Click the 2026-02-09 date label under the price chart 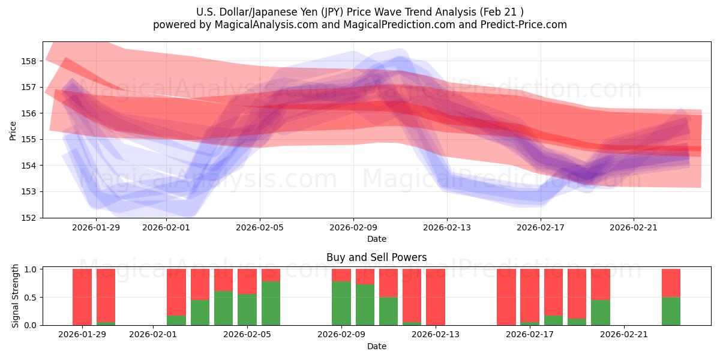[x=353, y=227]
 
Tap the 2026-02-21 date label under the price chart [x=634, y=227]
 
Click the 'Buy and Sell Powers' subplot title [x=376, y=257]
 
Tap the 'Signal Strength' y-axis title [x=16, y=296]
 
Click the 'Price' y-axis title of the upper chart [x=13, y=130]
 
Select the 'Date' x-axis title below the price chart [x=376, y=239]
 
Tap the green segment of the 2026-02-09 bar [x=341, y=303]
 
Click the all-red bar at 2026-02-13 [x=436, y=297]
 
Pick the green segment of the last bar [x=671, y=311]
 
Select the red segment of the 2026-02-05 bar [x=271, y=275]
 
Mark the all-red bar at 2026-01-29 [x=82, y=297]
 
